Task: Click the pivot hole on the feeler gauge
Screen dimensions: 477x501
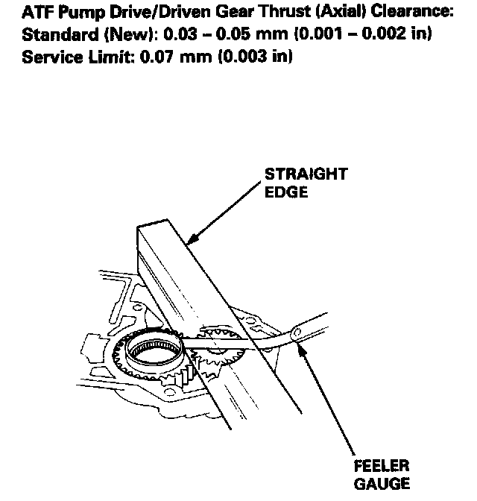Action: pyautogui.click(x=297, y=331)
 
